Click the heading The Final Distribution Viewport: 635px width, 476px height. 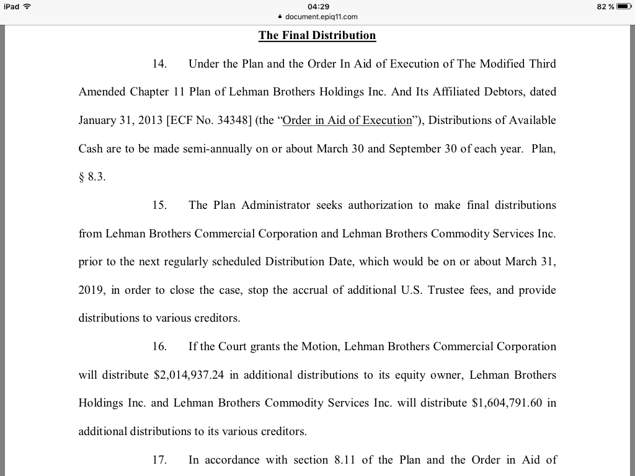point(317,35)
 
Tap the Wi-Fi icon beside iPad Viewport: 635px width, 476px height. point(26,6)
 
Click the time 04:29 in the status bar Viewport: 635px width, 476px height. point(317,6)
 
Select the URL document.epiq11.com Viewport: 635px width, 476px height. point(321,17)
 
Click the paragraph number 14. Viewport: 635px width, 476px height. point(159,64)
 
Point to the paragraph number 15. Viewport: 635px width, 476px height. point(159,205)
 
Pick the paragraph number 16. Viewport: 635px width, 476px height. point(159,346)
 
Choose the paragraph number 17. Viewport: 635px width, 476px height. point(159,460)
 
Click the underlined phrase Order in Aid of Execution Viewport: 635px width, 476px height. point(347,120)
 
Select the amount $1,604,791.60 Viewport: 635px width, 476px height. point(507,403)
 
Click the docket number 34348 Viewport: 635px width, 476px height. point(234,120)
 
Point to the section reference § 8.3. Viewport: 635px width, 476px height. point(92,177)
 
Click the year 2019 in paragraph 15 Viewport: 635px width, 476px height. point(91,290)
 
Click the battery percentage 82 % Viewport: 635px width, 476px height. point(605,6)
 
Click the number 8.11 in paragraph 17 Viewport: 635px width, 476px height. point(345,460)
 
